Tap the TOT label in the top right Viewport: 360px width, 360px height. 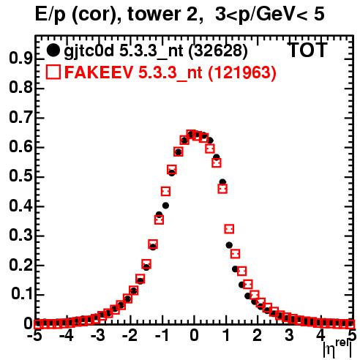click(x=307, y=50)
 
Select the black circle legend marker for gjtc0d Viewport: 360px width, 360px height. click(x=53, y=50)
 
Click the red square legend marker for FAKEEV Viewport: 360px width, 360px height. click(x=53, y=72)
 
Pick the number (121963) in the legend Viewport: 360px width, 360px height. click(x=242, y=72)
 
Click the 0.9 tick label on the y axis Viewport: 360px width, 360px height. click(x=20, y=59)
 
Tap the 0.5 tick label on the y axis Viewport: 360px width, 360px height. click(x=20, y=177)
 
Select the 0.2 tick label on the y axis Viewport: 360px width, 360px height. click(x=20, y=265)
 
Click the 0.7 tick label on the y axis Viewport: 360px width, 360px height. click(x=20, y=118)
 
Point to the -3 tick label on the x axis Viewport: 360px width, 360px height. click(x=97, y=336)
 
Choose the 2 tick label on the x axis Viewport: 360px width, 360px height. click(x=257, y=336)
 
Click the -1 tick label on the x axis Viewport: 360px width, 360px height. click(x=162, y=336)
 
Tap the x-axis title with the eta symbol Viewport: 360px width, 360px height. click(x=337, y=349)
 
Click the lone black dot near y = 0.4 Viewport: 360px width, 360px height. click(x=165, y=206)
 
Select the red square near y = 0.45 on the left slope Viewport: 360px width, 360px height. click(x=165, y=192)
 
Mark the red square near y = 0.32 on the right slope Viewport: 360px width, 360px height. click(x=229, y=229)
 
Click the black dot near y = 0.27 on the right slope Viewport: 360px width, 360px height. click(x=229, y=245)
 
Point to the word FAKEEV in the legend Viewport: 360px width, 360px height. click(x=99, y=72)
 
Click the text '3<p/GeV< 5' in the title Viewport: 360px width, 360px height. click(x=270, y=15)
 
